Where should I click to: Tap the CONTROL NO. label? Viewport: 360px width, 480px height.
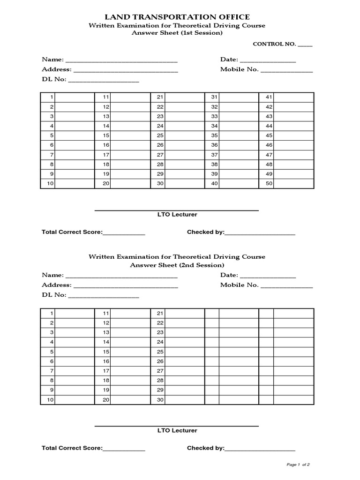[274, 44]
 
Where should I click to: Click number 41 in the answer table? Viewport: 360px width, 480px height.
[269, 97]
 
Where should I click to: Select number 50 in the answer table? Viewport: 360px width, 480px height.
[269, 184]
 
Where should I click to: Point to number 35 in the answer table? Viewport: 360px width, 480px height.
[214, 135]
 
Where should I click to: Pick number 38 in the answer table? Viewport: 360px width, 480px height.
[214, 165]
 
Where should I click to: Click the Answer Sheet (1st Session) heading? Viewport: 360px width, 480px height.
[177, 33]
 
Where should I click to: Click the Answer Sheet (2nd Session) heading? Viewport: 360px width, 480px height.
[177, 265]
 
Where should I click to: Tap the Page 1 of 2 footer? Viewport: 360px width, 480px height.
[298, 465]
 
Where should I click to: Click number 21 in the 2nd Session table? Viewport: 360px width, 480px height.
[160, 313]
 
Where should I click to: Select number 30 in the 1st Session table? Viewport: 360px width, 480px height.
[160, 184]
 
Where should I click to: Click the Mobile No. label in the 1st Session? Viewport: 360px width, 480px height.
[239, 69]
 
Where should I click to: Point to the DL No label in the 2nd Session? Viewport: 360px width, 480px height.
[54, 295]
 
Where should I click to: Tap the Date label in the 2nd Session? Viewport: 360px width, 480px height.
[229, 275]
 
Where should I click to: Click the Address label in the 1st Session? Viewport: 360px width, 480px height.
[56, 69]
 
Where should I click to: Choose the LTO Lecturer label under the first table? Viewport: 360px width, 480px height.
[177, 215]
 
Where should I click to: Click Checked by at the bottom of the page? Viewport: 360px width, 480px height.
[205, 448]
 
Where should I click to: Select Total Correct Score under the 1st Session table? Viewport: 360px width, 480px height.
[72, 232]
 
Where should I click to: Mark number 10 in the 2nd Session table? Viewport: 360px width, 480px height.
[51, 400]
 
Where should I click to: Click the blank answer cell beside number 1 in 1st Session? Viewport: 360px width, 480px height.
[75, 97]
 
